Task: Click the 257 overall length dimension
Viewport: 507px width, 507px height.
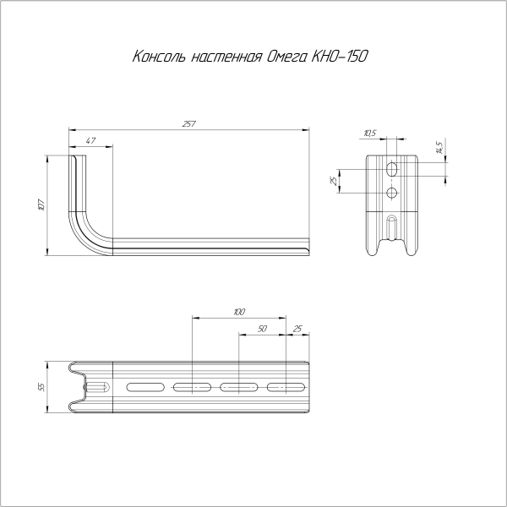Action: click(x=188, y=124)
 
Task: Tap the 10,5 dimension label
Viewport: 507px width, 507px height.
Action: click(x=369, y=133)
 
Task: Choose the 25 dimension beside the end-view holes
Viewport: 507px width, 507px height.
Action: click(x=335, y=181)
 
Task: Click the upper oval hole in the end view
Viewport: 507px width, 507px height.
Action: click(x=391, y=170)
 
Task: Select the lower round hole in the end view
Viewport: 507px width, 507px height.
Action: click(x=391, y=194)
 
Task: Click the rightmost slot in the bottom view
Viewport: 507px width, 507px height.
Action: click(x=286, y=387)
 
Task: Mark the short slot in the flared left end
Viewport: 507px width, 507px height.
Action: click(x=95, y=387)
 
